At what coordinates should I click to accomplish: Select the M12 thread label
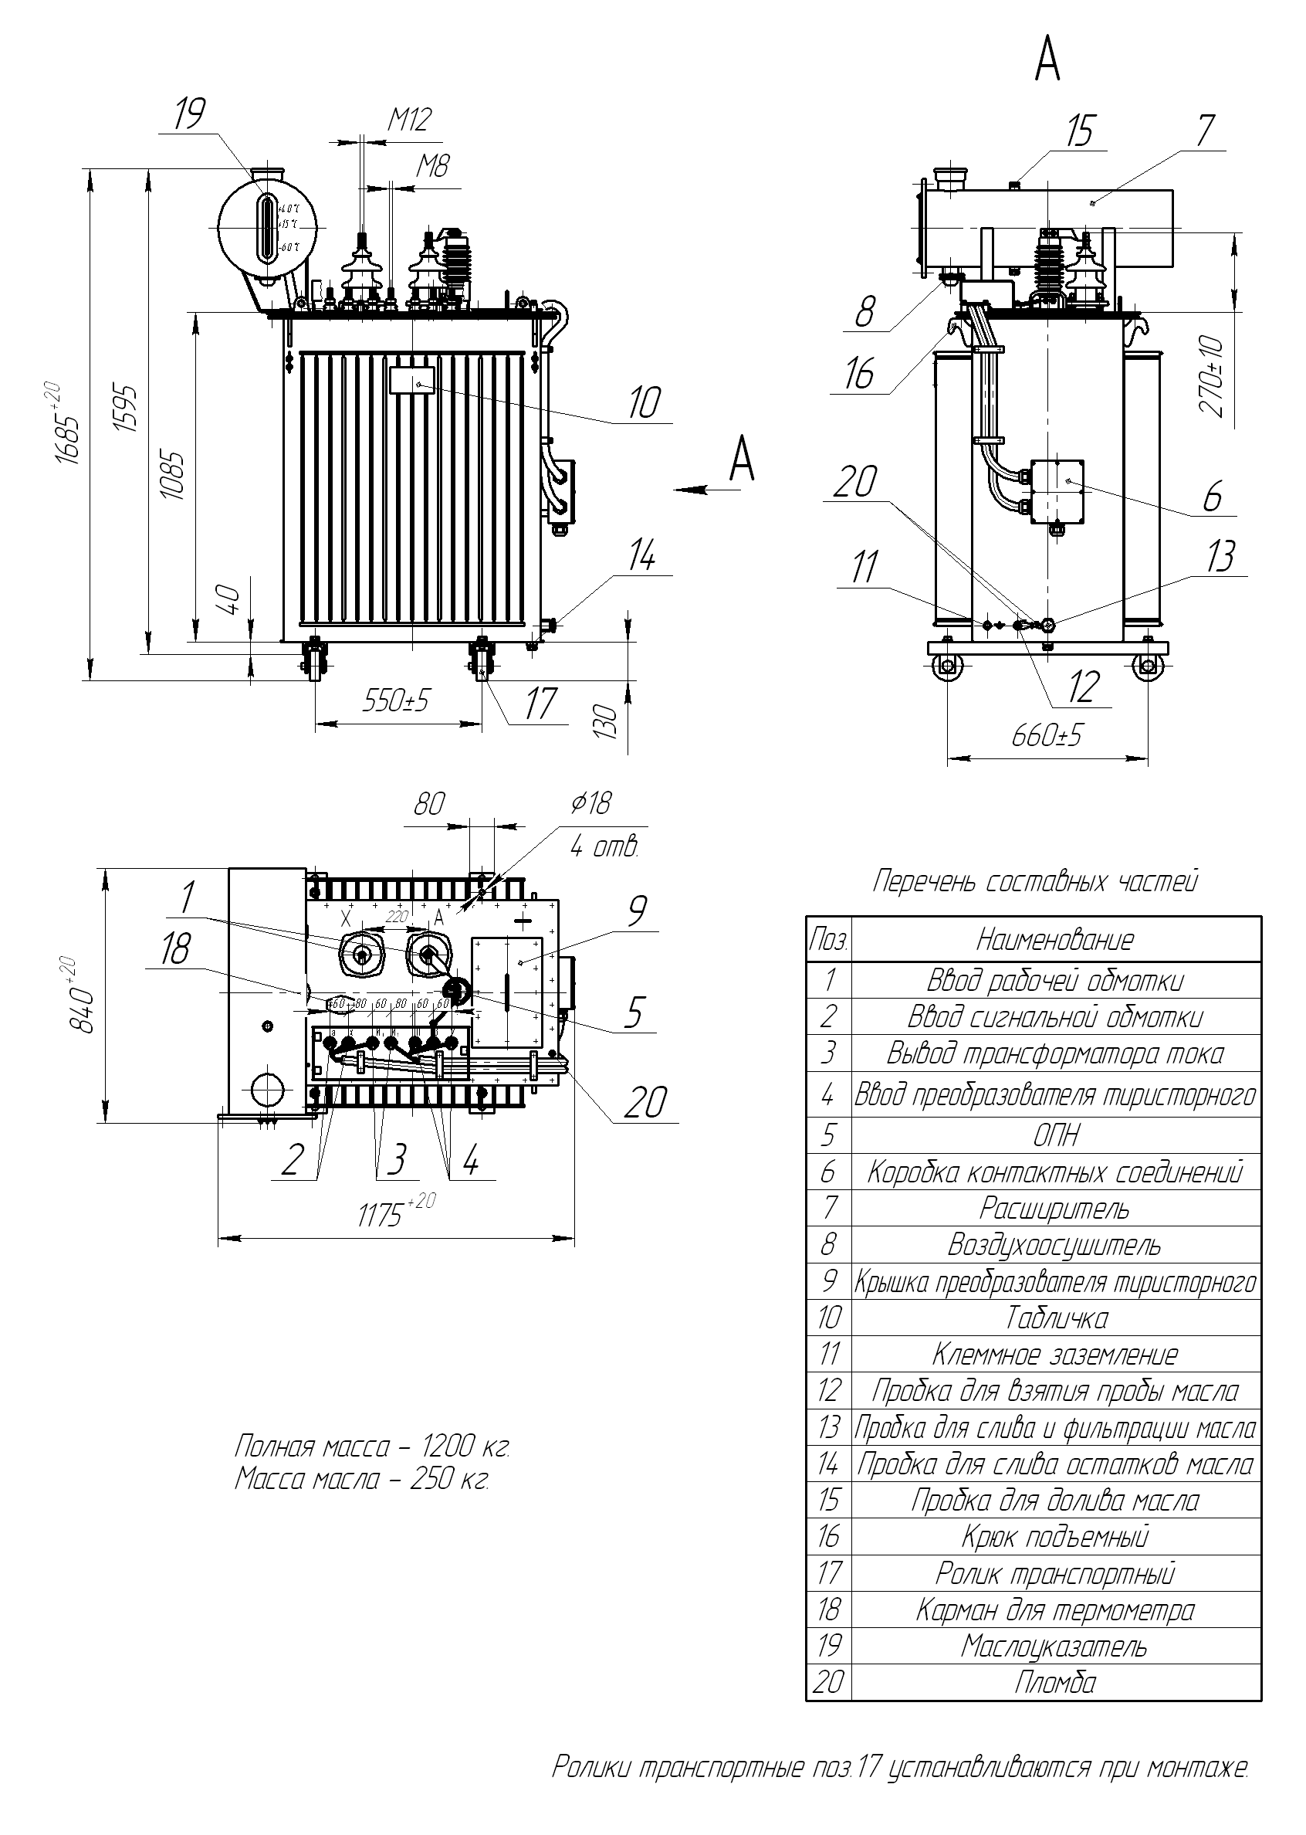tap(409, 120)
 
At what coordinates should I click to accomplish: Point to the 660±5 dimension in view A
tap(1047, 734)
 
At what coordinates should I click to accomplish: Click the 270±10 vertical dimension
tap(1212, 376)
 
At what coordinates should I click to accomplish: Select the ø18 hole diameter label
tap(591, 803)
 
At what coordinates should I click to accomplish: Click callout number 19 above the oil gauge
tap(190, 114)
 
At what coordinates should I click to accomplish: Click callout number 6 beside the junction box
tap(1212, 495)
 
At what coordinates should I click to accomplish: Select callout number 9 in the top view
tap(636, 911)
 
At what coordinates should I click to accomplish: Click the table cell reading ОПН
tap(1055, 1135)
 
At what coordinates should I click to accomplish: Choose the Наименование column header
tap(1055, 939)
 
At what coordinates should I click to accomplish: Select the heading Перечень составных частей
tap(1036, 882)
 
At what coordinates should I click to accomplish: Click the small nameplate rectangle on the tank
tap(411, 380)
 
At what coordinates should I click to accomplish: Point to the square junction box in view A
tap(1057, 491)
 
